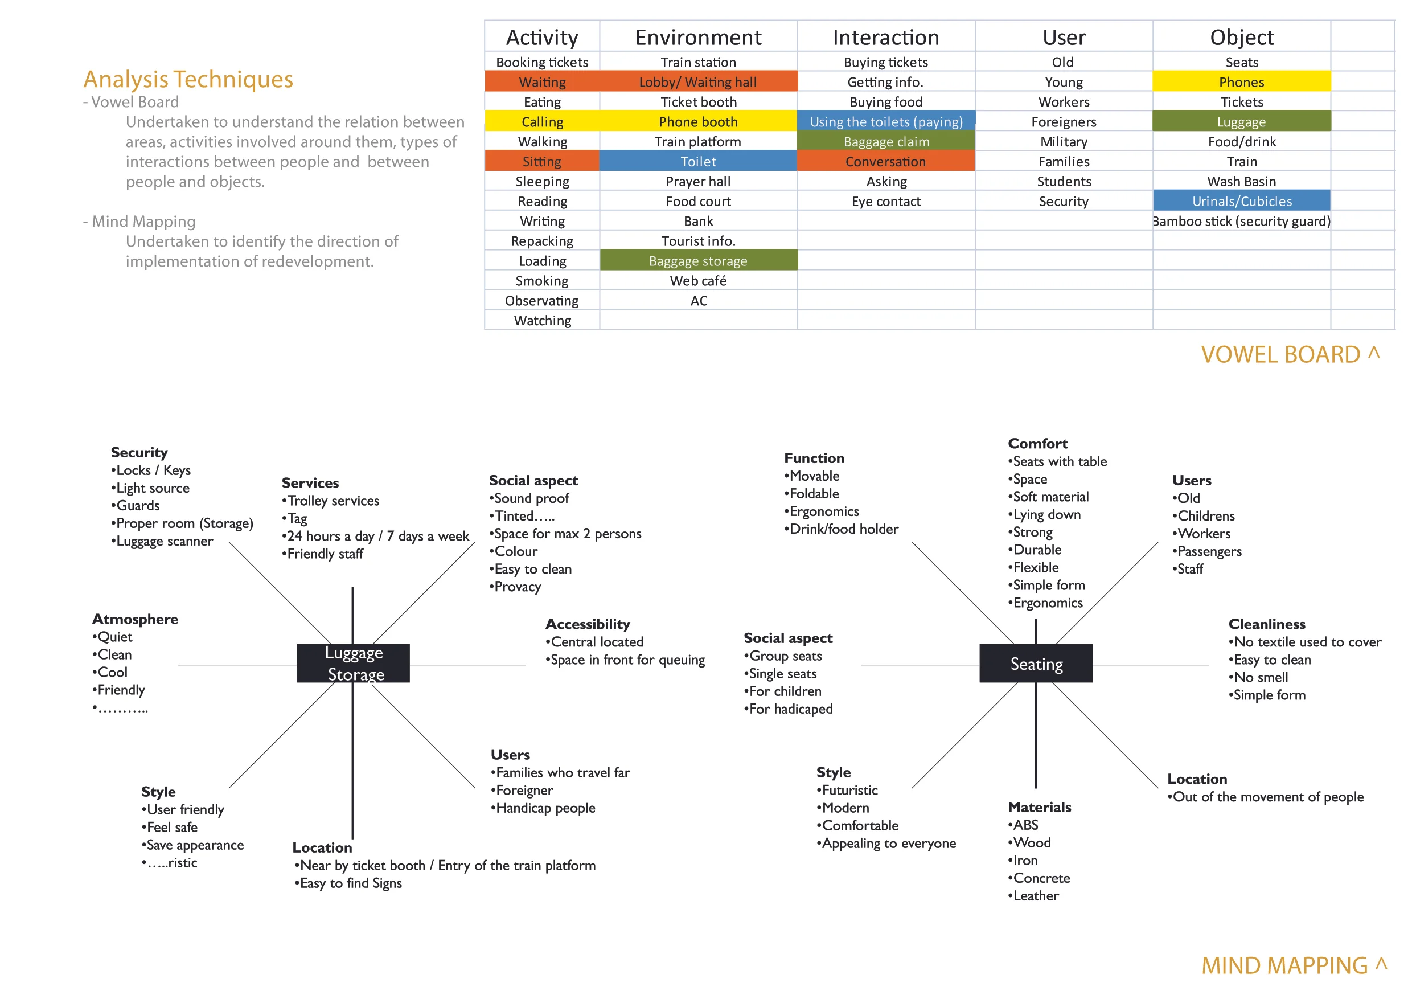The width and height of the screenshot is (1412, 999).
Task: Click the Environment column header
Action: (698, 38)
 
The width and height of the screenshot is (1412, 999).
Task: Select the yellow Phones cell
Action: (1241, 82)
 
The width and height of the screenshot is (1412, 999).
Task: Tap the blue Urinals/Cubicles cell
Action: (1241, 201)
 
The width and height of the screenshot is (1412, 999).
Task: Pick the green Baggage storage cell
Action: (698, 261)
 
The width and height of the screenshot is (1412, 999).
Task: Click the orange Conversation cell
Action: (885, 162)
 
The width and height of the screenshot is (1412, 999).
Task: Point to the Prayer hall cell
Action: (698, 182)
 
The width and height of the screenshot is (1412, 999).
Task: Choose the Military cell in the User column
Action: (1064, 141)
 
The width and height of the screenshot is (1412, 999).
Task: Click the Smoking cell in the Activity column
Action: (542, 281)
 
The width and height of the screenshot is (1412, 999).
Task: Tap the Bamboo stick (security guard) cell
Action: (1241, 222)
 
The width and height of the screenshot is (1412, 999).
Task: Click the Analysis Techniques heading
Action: (188, 79)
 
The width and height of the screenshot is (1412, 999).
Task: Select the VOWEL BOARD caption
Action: (1280, 355)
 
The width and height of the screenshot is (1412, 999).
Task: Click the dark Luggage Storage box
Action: (353, 663)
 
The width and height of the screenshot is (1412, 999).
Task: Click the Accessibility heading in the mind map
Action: (588, 624)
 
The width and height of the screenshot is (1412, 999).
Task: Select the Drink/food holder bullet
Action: (843, 529)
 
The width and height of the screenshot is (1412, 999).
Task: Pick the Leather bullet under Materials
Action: (1035, 896)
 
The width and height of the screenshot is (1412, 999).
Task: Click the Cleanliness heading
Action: (1266, 624)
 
